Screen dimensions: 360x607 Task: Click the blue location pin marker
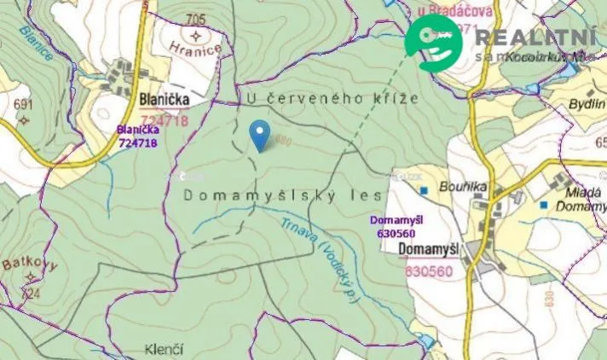click(259, 135)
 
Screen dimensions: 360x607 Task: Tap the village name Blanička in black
click(163, 101)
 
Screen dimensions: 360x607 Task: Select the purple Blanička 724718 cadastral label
click(137, 136)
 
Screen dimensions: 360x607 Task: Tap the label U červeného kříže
click(332, 98)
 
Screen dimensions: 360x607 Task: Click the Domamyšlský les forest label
click(281, 195)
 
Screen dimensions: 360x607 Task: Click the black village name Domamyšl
click(430, 249)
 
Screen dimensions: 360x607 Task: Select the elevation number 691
click(22, 105)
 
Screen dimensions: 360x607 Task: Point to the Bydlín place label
click(587, 104)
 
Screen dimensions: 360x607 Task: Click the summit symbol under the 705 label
click(199, 36)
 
